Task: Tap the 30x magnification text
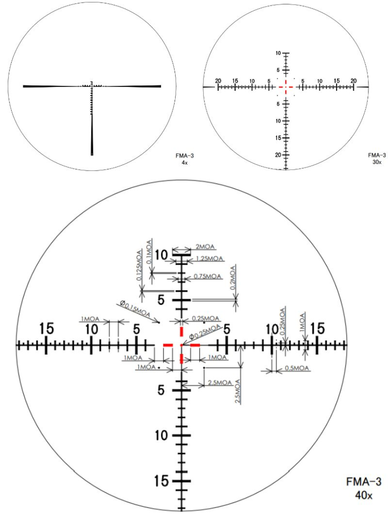(376, 162)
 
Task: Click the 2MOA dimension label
(204, 247)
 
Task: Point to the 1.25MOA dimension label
(209, 259)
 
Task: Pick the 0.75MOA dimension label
(207, 276)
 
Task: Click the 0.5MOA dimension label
(296, 368)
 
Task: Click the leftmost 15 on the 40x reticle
(46, 328)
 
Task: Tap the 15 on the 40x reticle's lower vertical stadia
(161, 481)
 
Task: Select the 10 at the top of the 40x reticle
(161, 255)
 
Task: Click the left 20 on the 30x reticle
(218, 81)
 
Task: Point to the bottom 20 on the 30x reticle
(278, 154)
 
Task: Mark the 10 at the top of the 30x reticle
(278, 53)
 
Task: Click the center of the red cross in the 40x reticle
(181, 345)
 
